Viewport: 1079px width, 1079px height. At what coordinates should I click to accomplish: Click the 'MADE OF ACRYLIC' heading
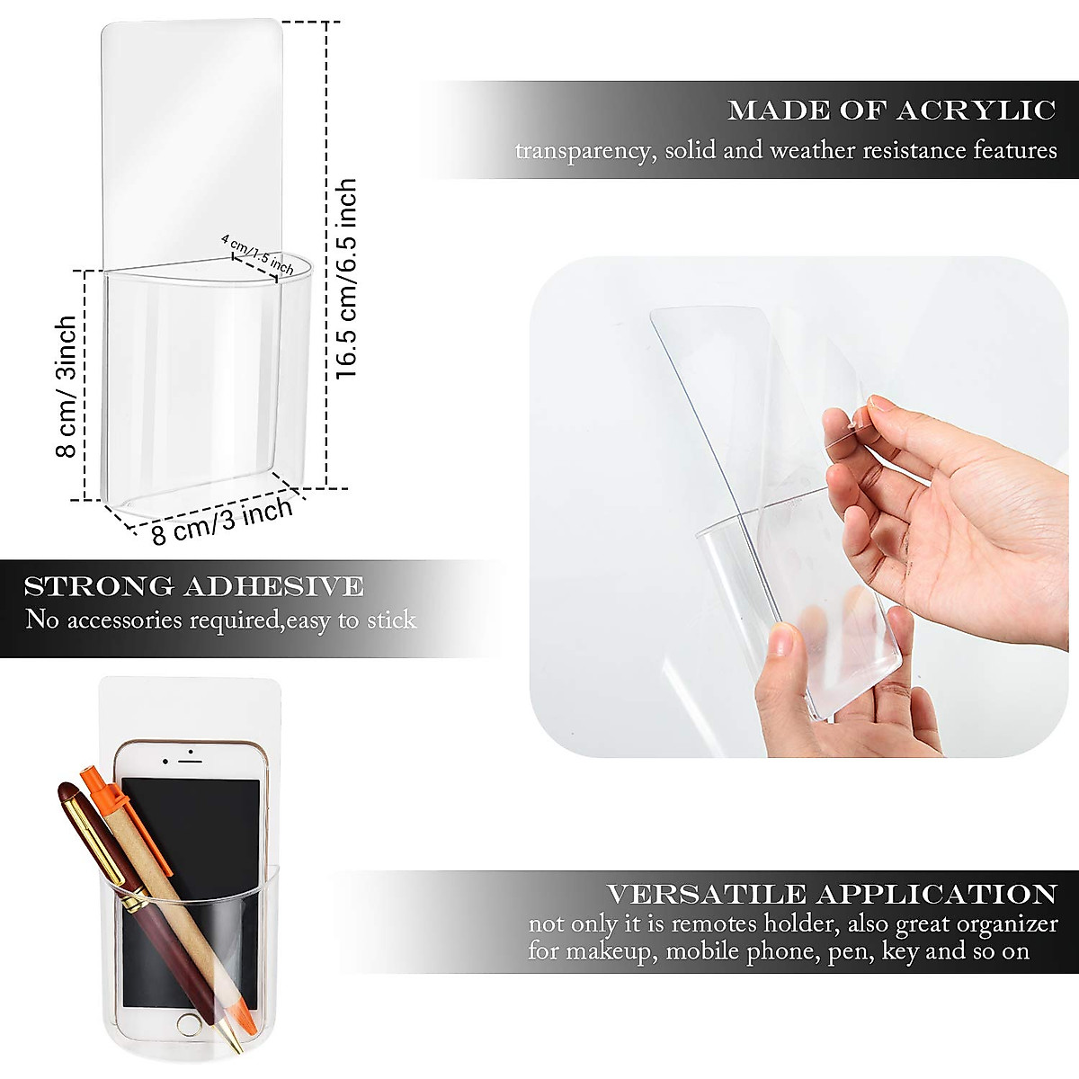click(891, 111)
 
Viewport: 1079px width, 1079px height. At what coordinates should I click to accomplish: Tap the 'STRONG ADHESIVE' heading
click(194, 587)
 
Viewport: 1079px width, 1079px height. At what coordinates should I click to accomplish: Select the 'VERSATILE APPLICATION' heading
click(831, 895)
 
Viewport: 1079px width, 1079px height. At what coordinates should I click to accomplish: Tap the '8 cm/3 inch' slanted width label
click(222, 522)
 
